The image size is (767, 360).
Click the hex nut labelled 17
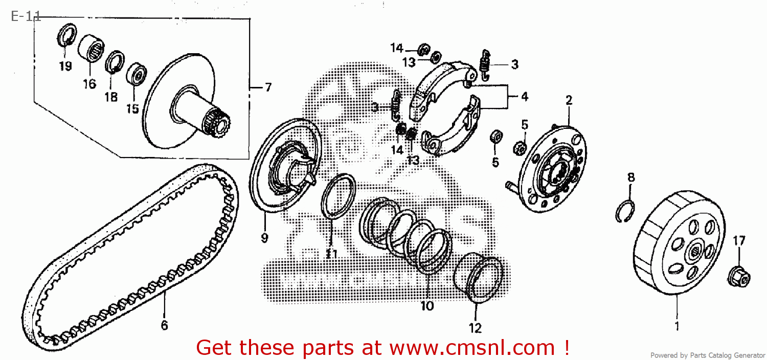click(738, 276)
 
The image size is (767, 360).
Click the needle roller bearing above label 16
click(91, 49)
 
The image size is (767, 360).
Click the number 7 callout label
click(267, 87)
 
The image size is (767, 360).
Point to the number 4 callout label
click(524, 96)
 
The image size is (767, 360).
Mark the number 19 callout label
click(65, 66)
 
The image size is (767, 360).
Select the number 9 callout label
click(265, 237)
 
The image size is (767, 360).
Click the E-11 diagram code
click(26, 16)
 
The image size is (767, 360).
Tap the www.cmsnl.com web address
click(472, 348)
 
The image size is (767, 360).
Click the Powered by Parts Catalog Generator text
click(708, 355)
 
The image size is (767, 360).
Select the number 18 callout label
click(111, 97)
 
